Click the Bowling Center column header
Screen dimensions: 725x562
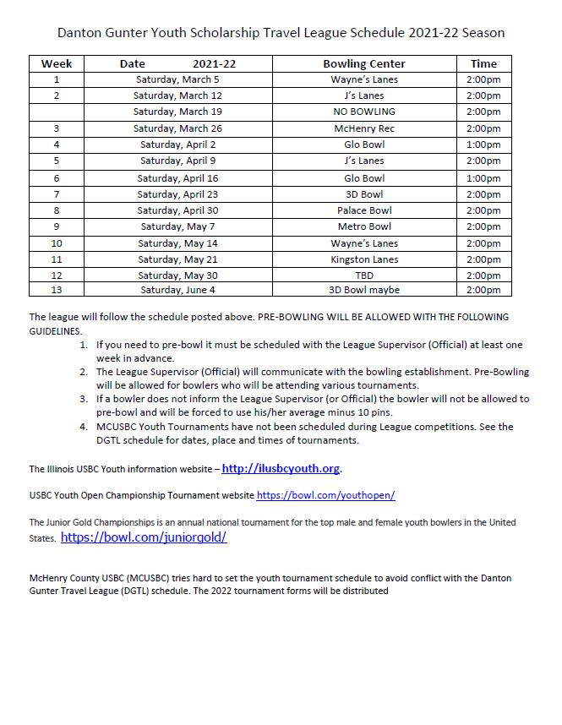pos(364,63)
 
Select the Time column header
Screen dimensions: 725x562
pos(483,63)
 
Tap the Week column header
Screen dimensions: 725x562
pos(57,63)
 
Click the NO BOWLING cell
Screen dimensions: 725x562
pos(364,112)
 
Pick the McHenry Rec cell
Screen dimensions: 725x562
pos(364,128)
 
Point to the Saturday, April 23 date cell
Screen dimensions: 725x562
pos(177,194)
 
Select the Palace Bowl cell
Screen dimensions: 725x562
pos(364,210)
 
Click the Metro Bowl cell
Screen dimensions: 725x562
pos(364,226)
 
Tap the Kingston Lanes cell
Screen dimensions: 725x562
pos(364,259)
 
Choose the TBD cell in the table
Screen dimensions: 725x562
pos(364,275)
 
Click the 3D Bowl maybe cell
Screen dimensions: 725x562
pos(364,290)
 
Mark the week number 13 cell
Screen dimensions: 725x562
pos(57,290)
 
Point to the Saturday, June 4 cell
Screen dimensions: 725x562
pos(177,290)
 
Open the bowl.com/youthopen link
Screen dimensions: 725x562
pos(325,495)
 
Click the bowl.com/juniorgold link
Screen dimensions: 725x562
pos(144,537)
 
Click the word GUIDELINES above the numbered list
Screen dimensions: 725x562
pos(54,331)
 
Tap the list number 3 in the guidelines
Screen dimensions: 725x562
pos(84,399)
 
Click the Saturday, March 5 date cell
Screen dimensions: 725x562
pos(177,79)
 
